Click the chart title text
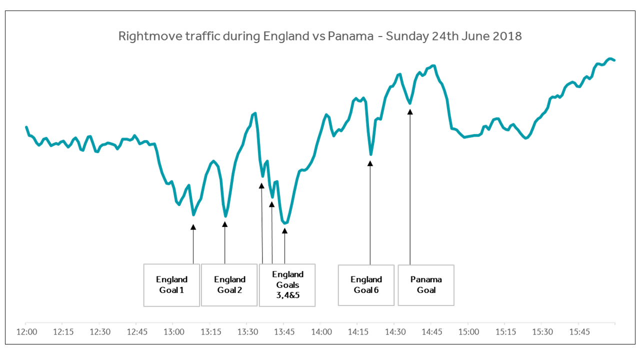click(x=320, y=36)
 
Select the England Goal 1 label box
click(x=171, y=284)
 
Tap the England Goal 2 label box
click(x=229, y=284)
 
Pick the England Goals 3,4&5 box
click(x=287, y=284)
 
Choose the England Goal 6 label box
click(x=366, y=284)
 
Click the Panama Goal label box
click(x=426, y=284)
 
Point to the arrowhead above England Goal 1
click(x=193, y=227)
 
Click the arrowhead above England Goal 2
click(x=225, y=224)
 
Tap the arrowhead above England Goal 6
click(x=370, y=162)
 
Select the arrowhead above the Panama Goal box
click(x=410, y=112)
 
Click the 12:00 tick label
click(x=27, y=332)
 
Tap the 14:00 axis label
click(x=321, y=332)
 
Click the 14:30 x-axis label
click(x=394, y=332)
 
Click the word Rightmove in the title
click(x=143, y=36)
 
